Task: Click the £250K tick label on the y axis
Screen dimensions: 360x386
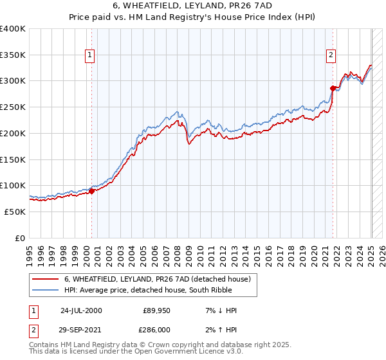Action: click(13, 107)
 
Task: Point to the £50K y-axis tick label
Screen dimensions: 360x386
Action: click(15, 212)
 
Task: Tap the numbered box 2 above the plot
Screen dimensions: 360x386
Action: click(331, 55)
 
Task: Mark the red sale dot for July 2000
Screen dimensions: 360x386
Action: click(92, 190)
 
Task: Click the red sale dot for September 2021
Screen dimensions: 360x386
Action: click(333, 87)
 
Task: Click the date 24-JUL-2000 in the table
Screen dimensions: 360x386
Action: click(80, 310)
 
